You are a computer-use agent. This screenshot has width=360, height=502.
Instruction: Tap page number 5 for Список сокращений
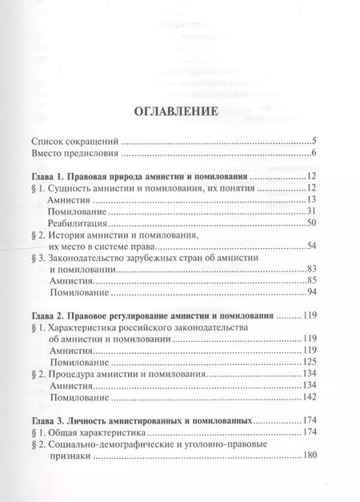316,141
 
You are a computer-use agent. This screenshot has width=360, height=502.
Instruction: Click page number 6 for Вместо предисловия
316,154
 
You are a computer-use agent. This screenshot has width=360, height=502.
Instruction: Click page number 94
313,296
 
